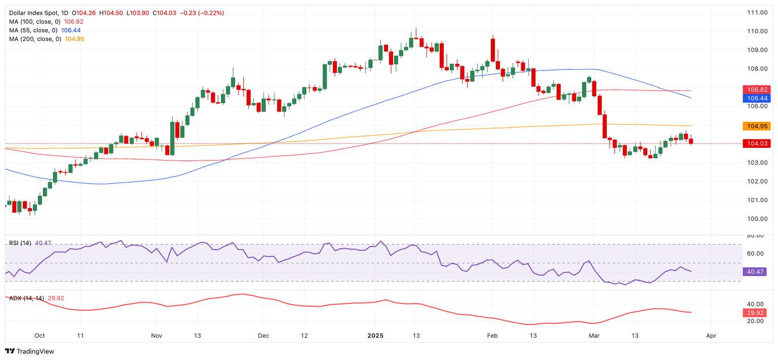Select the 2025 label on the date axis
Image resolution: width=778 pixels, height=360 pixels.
tap(375, 336)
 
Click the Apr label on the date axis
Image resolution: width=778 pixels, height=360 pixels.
tap(712, 336)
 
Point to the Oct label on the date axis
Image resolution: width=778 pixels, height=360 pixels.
tap(40, 336)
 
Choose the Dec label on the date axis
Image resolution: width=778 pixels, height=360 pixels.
tap(263, 336)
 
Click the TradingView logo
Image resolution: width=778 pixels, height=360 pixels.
tap(29, 351)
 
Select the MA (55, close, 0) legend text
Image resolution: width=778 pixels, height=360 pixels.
tap(33, 30)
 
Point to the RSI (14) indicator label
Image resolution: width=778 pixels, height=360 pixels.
tap(20, 243)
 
